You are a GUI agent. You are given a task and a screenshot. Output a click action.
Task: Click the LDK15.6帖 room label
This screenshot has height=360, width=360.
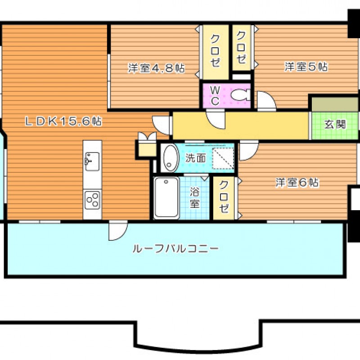coord(63,121)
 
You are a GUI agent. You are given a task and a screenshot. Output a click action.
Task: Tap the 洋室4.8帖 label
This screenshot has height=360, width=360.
coord(156,68)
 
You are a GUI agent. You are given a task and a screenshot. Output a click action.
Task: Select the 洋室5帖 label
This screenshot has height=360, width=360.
coord(306,67)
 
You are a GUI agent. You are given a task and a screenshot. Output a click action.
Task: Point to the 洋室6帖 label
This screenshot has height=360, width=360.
coord(297,183)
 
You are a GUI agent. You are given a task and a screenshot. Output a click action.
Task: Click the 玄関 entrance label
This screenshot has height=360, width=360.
coord(335,125)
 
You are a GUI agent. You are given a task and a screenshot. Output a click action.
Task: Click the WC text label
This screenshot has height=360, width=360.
coord(215,96)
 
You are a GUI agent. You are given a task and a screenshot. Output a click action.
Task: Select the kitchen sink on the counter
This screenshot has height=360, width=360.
coord(92,161)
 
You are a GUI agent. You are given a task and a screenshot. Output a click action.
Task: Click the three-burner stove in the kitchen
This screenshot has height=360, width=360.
coord(92,200)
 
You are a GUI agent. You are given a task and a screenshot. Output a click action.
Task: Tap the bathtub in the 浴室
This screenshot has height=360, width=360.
coord(166,198)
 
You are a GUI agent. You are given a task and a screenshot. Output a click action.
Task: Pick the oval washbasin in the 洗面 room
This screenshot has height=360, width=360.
coord(171,158)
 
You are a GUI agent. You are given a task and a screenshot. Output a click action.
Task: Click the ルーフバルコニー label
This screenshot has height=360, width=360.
coord(176,249)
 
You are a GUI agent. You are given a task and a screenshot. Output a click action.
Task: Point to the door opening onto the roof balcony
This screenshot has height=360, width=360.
coord(118,230)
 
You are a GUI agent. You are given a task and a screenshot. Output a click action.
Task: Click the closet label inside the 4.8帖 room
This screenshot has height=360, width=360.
coord(215,50)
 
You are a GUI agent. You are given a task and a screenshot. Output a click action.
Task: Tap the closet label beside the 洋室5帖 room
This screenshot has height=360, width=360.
coord(242,47)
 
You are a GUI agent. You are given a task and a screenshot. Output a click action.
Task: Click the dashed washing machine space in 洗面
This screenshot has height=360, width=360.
coord(223,158)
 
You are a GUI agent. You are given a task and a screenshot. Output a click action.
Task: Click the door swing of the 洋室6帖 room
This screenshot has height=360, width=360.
coord(249,152)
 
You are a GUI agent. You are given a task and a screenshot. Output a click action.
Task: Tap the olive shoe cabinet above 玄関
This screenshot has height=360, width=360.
coord(335,104)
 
